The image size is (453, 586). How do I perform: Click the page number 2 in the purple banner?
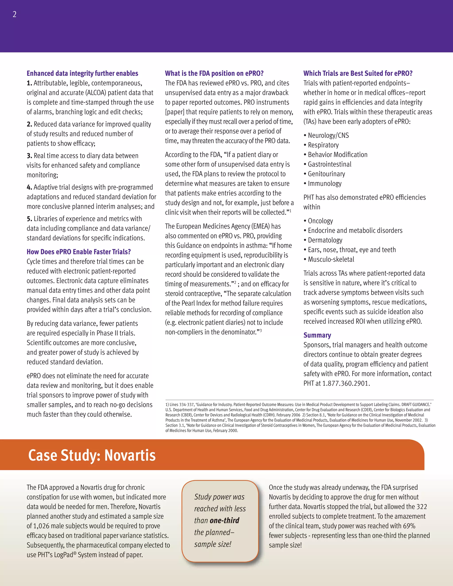point(15,14)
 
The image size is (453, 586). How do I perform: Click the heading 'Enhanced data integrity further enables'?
point(82,73)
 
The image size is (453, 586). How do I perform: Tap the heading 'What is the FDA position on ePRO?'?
point(214,73)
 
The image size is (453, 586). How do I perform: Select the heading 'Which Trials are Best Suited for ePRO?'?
point(358,73)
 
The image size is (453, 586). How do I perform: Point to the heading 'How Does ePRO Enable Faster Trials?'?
point(79,252)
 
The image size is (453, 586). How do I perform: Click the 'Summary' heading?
point(317,335)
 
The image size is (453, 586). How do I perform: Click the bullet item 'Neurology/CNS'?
point(328,135)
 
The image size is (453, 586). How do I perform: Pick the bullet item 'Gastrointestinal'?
point(329,164)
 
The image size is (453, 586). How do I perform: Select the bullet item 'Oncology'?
point(320,221)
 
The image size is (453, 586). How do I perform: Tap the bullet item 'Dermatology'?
point(325,240)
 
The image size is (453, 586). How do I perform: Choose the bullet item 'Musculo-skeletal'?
point(331,259)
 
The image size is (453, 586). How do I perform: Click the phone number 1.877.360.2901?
point(346,383)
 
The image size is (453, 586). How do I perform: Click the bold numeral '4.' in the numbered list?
point(29,187)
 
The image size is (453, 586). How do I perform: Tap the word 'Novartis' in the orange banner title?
point(130,455)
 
